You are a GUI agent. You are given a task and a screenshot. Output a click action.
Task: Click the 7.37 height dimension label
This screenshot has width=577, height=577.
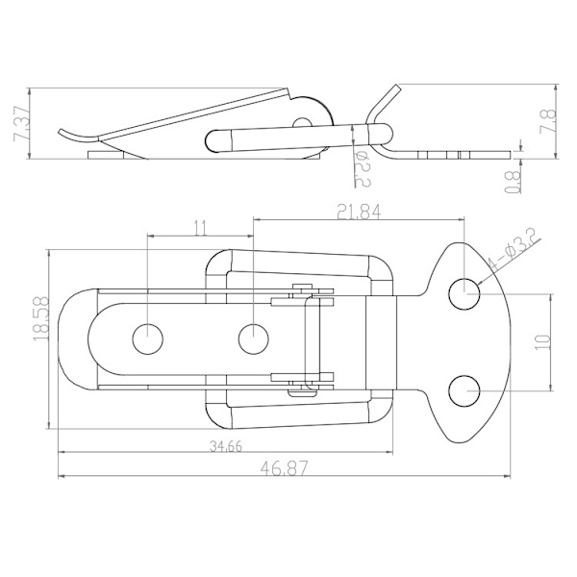[x=21, y=124]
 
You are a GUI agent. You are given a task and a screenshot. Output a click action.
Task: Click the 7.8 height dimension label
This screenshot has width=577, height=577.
[x=547, y=122]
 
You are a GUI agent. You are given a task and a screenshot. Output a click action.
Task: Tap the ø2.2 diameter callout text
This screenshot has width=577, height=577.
[x=363, y=169]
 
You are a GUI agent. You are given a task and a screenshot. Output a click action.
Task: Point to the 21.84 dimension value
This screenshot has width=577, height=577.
[x=360, y=212]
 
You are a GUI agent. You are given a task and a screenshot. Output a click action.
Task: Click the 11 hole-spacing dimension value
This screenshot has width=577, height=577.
[x=201, y=229]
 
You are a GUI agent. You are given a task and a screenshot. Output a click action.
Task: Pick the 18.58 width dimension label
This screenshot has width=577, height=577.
[x=40, y=318]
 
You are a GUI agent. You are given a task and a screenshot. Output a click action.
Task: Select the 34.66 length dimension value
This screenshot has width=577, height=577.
[x=226, y=446]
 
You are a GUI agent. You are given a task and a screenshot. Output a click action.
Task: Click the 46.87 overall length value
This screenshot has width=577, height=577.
[x=284, y=468]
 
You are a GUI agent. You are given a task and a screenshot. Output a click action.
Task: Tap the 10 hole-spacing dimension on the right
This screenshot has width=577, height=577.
[x=544, y=341]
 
